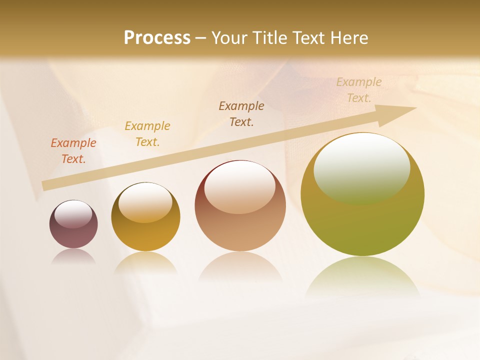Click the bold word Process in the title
(157, 38)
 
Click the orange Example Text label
(73, 150)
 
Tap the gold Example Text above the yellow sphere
(147, 133)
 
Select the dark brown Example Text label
(241, 113)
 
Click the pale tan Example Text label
(359, 89)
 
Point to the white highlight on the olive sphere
(362, 167)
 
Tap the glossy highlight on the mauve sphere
(73, 214)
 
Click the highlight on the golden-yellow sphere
(145, 202)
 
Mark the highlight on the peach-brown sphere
(240, 187)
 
